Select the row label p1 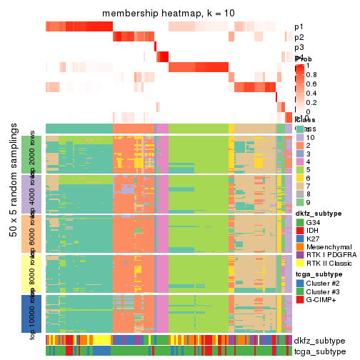tap(299, 27)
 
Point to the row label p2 tap(299, 37)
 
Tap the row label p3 tap(299, 48)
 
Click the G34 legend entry tap(315, 221)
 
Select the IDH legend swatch tap(299, 231)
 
